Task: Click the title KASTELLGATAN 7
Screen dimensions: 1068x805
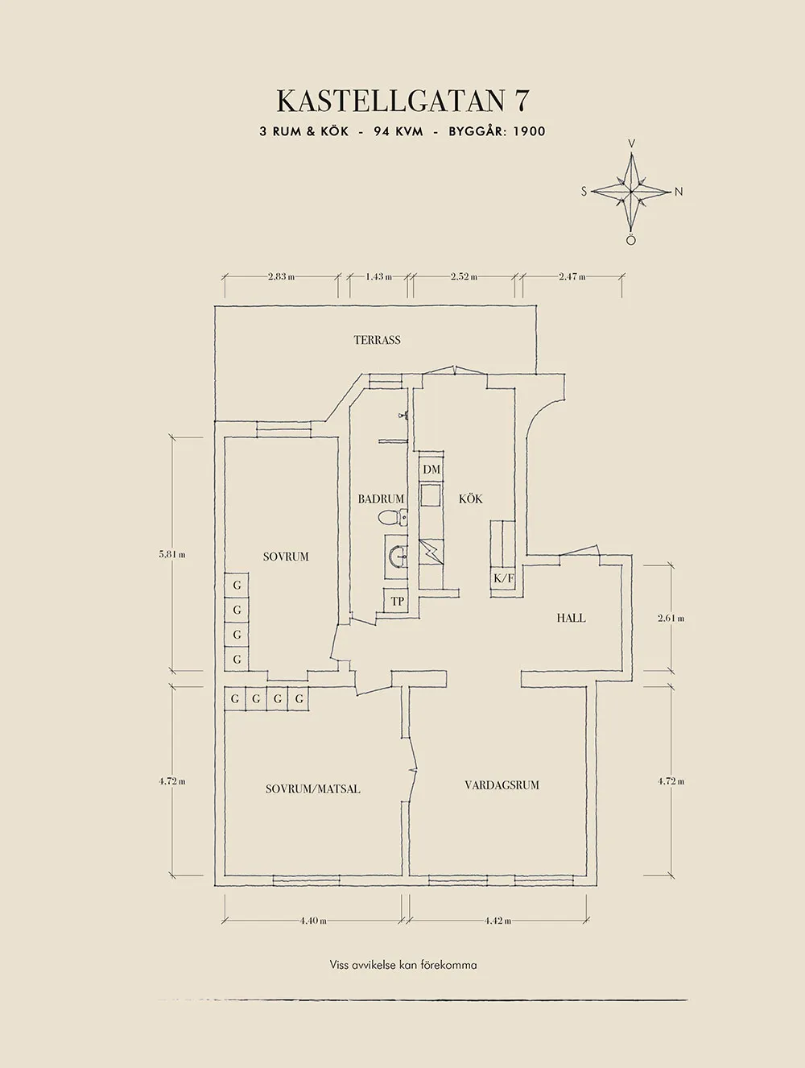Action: tap(402, 101)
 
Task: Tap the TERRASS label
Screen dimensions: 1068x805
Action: tap(377, 340)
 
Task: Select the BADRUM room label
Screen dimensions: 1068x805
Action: tap(381, 499)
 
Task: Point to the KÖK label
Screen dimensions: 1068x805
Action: tap(470, 499)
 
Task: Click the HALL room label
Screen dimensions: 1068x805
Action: tap(571, 618)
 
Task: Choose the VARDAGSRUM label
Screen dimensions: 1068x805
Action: tap(502, 784)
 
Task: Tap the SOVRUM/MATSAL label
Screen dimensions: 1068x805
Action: tap(312, 789)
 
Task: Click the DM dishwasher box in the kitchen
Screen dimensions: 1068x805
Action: tap(431, 470)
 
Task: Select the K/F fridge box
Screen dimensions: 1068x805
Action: tap(503, 578)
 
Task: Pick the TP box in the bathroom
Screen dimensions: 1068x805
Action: tap(397, 601)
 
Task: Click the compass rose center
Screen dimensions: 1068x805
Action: tap(632, 192)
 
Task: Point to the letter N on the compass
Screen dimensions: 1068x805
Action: tap(679, 192)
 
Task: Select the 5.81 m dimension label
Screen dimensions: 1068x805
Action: tap(172, 554)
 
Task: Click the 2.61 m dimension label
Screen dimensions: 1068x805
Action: tap(671, 618)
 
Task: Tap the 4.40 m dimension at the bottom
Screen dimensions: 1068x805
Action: tap(313, 921)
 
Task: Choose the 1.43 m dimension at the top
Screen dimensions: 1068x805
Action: tap(378, 276)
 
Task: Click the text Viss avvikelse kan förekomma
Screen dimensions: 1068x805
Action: tap(402, 964)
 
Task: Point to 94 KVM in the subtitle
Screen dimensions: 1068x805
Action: tap(398, 131)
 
